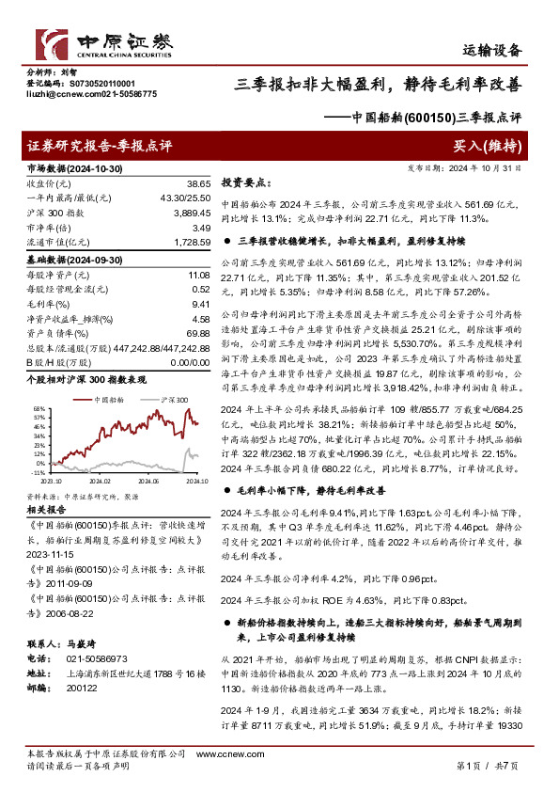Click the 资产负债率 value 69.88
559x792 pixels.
[x=195, y=334]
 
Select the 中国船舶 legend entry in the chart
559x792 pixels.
[x=112, y=400]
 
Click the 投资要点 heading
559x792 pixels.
[x=245, y=182]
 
